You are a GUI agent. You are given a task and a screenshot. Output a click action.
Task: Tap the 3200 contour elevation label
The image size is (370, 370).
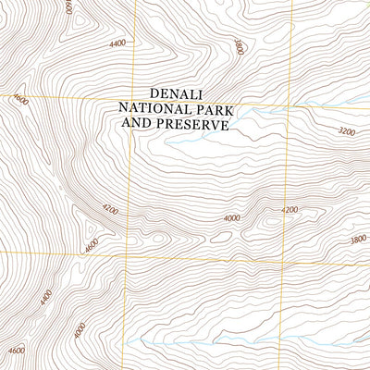(347, 132)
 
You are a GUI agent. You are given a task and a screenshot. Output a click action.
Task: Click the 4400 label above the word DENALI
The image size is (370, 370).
(117, 43)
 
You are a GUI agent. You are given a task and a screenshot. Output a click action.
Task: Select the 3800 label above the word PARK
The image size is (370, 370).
(238, 46)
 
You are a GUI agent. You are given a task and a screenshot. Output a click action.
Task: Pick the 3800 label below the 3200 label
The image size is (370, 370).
(359, 238)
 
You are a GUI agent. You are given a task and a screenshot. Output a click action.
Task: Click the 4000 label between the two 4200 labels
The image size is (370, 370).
(231, 218)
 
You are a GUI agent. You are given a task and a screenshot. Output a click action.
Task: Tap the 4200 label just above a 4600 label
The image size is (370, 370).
(111, 211)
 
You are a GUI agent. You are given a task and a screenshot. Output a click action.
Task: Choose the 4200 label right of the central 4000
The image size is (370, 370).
(290, 210)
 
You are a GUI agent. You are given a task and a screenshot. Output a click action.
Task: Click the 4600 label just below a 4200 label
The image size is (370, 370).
(90, 246)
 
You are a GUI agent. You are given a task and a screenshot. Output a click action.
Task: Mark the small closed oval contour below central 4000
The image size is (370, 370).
(221, 237)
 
